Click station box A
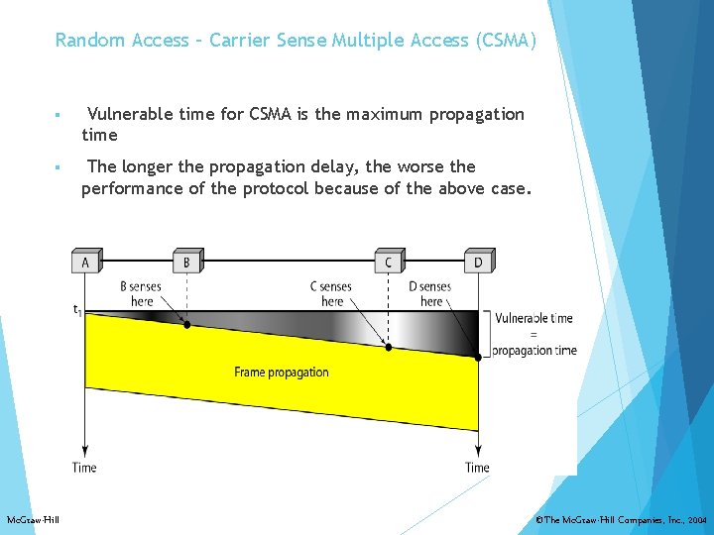85,263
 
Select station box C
388,263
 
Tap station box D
478,263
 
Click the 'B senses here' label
141,294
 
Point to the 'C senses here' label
331,294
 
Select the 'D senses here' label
430,294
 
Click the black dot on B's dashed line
186,324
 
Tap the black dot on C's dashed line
389,347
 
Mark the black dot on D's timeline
479,358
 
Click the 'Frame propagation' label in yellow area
282,373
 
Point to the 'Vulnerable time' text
534,319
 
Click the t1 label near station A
77,309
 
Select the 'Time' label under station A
84,467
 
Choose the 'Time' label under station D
477,467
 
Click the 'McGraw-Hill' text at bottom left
33,520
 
